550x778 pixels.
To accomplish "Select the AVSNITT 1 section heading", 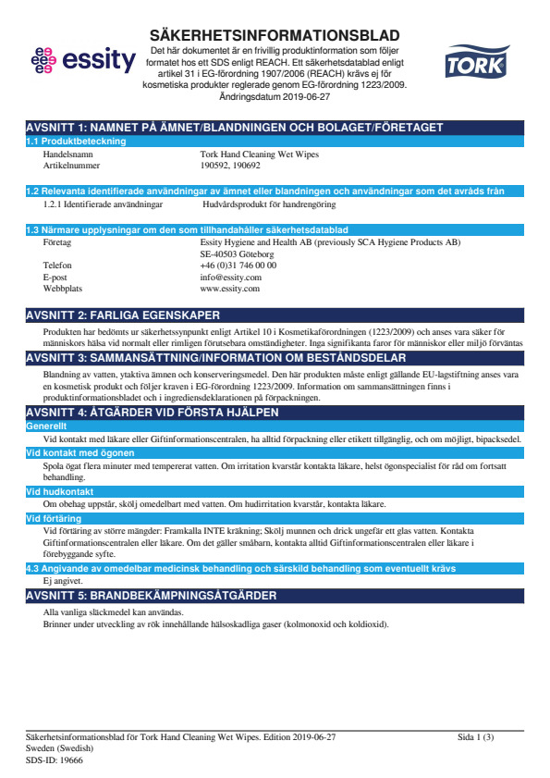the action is pos(235,128).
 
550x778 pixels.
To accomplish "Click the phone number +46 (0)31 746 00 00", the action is pos(238,265).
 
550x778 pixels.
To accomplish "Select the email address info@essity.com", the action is pos(230,277).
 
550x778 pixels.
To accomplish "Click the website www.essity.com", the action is pos(230,289).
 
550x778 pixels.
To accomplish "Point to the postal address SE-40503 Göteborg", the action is pos(237,253).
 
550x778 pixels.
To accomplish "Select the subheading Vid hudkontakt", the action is pos(56,492).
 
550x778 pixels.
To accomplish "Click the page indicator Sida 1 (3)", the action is pos(475,737).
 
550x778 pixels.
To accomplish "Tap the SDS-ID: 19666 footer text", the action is pos(55,759).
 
